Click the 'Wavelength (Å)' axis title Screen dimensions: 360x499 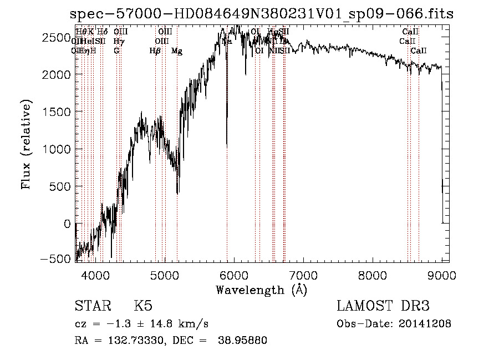click(x=261, y=290)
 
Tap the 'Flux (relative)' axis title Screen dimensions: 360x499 click(x=26, y=145)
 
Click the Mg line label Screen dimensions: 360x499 click(x=177, y=51)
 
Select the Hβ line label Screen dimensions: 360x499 click(x=155, y=51)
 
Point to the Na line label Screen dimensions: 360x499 click(x=227, y=42)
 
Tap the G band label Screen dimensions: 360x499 click(x=116, y=51)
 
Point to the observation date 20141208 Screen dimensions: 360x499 click(x=427, y=323)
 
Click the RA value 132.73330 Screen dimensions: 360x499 click(x=132, y=341)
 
